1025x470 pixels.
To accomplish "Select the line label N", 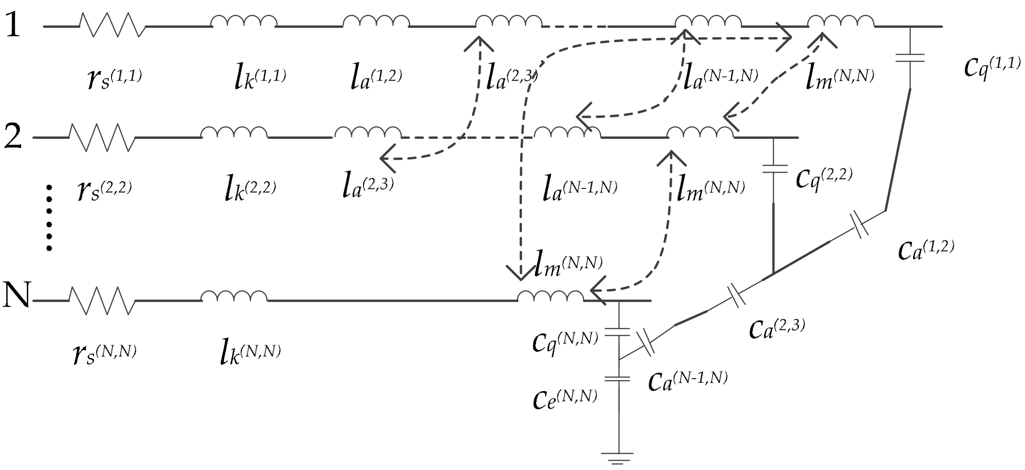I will point(16,295).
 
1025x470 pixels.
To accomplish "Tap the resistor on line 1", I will point(112,25).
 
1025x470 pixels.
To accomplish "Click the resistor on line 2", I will point(102,137).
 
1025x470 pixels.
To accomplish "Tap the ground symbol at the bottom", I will point(619,458).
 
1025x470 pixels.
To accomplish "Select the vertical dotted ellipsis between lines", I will point(49,218).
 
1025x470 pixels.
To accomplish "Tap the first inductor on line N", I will point(234,296).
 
